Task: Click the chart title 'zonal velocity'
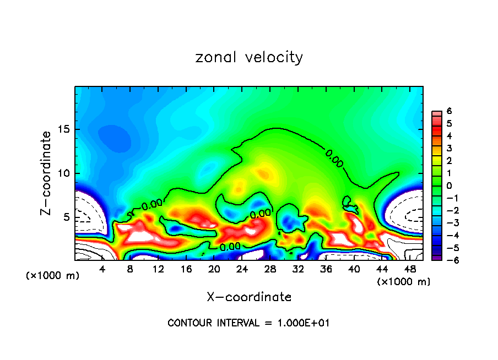249,57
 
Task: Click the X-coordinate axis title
249,297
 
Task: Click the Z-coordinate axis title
48,173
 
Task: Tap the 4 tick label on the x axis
102,269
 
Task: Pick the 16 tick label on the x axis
186,269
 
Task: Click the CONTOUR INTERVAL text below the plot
248,323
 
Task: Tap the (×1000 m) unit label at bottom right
404,282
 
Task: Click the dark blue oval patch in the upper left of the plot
115,138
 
